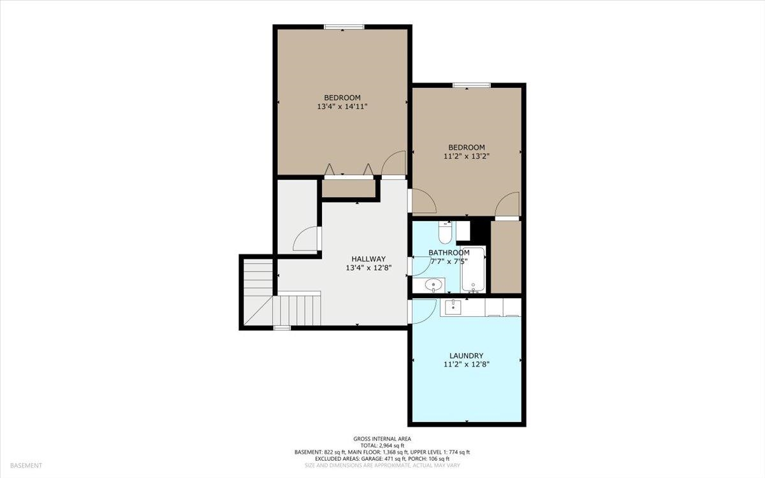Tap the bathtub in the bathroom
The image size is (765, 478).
472,270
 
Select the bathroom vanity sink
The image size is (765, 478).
433,284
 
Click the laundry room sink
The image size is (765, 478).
453,307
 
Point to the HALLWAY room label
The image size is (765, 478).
368,259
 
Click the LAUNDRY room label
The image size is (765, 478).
466,356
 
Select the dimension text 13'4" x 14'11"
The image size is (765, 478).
342,106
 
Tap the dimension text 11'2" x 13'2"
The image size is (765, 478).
467,156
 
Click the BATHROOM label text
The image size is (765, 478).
449,252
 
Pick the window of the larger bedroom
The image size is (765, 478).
344,27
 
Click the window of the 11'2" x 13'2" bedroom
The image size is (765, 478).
472,85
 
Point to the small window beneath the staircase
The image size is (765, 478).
282,328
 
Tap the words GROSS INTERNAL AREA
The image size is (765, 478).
382,438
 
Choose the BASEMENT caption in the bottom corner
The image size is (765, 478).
26,465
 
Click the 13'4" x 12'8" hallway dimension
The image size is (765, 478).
368,268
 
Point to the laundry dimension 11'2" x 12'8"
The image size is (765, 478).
467,365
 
